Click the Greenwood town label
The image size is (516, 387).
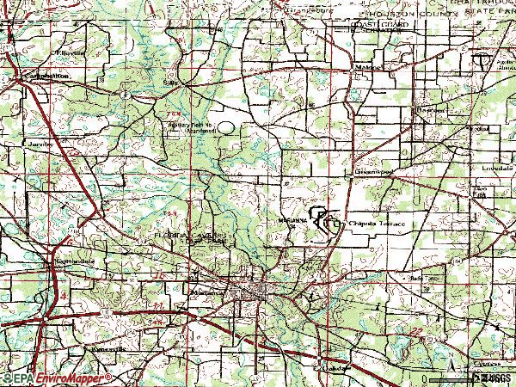pos(374,172)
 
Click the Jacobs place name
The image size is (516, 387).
pos(40,144)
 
